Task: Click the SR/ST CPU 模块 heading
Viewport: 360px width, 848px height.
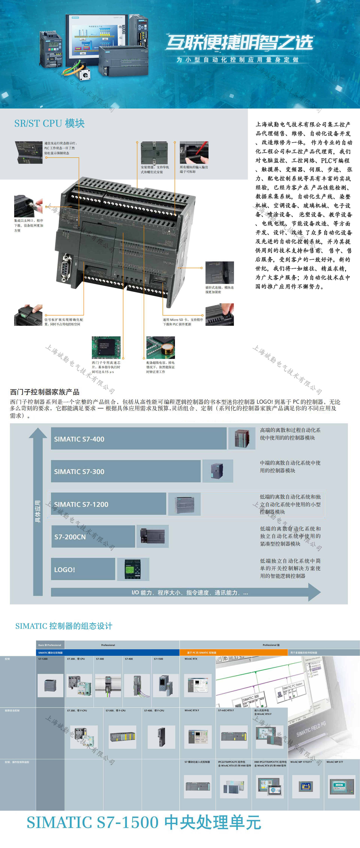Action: coord(49,123)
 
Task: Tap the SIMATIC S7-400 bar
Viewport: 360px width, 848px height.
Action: coord(138,439)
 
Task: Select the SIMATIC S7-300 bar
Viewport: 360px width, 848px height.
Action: coord(125,471)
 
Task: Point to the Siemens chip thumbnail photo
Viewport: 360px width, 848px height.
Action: coord(106,347)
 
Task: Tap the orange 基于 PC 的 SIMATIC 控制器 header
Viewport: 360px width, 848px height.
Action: coord(202,653)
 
